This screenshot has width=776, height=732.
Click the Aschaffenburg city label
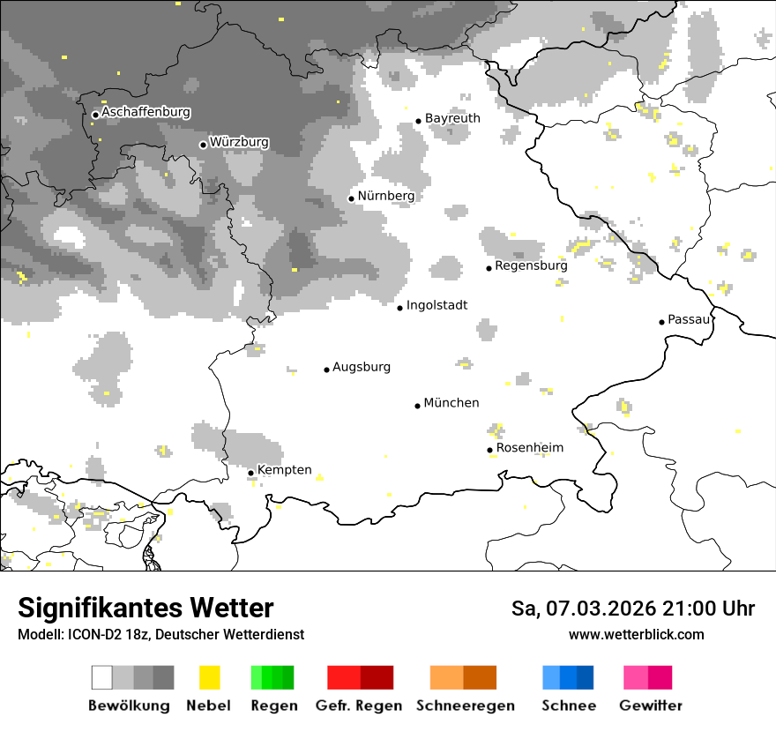pos(145,113)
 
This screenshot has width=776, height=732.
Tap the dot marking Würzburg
pos(203,145)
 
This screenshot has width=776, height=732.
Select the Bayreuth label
pos(452,118)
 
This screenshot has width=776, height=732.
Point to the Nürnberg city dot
pos(351,198)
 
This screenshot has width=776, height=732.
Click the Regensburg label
pos(531,265)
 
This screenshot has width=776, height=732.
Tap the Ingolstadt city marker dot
pos(399,308)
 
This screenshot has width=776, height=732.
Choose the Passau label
pos(690,319)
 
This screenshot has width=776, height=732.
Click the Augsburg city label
pos(362,367)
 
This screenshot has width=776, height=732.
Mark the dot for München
pos(418,406)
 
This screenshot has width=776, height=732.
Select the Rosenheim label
pos(529,448)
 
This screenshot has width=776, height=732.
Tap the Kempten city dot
pos(250,473)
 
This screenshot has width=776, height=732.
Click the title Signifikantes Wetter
pos(145,609)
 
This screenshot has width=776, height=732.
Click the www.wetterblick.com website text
pos(636,634)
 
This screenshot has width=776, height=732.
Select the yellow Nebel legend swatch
pos(210,677)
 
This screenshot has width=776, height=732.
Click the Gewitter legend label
pos(651,706)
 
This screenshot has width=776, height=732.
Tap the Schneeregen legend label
pos(465,706)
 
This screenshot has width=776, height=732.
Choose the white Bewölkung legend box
pos(102,677)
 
